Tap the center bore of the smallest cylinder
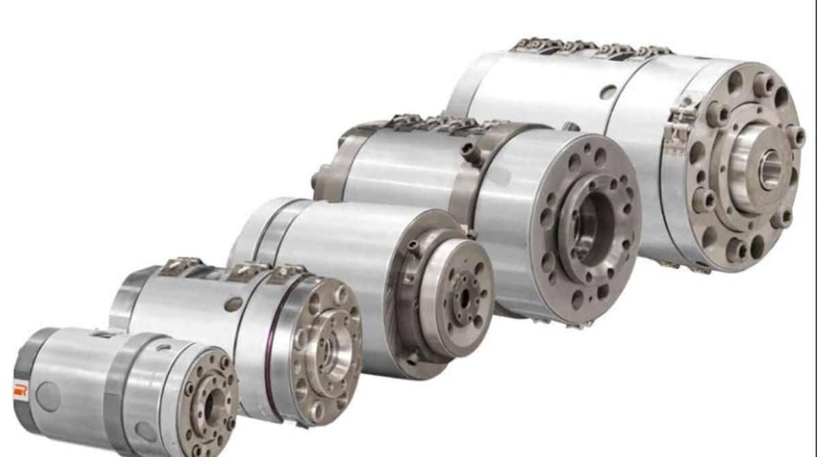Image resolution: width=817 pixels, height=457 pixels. (x=209, y=405)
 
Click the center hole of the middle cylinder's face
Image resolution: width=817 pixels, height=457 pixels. (x=465, y=297)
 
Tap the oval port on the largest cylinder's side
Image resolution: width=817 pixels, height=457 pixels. (x=609, y=91)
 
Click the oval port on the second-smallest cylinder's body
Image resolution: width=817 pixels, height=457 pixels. (x=233, y=303)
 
